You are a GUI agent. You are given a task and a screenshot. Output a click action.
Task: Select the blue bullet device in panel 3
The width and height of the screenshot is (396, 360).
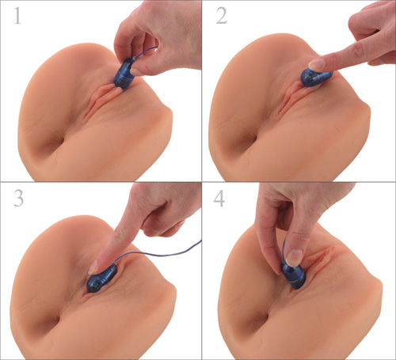[103, 278]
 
